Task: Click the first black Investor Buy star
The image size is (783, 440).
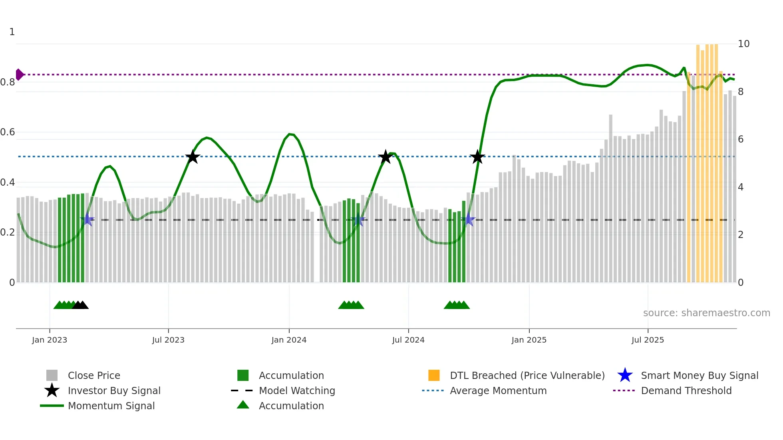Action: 193,157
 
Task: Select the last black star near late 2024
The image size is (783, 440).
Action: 477,157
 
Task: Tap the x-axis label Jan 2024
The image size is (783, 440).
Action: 289,340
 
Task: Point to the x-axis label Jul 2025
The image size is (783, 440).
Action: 648,340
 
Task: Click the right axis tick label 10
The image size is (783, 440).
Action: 743,44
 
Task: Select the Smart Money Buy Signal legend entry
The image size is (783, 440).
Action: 699,376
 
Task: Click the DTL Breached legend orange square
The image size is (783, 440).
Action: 434,375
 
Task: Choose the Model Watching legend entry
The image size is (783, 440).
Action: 296,391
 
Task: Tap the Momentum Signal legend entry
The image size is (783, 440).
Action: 111,406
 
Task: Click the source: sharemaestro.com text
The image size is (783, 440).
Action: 706,313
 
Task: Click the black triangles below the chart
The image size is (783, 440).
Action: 80,305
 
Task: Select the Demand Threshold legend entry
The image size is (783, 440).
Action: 686,391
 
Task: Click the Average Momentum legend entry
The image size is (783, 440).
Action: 498,391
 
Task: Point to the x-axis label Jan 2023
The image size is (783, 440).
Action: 50,340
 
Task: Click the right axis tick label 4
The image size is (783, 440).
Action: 741,187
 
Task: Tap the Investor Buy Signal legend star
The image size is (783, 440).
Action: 52,390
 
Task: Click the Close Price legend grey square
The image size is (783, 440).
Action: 52,375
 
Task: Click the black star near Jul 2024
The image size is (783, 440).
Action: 386,157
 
